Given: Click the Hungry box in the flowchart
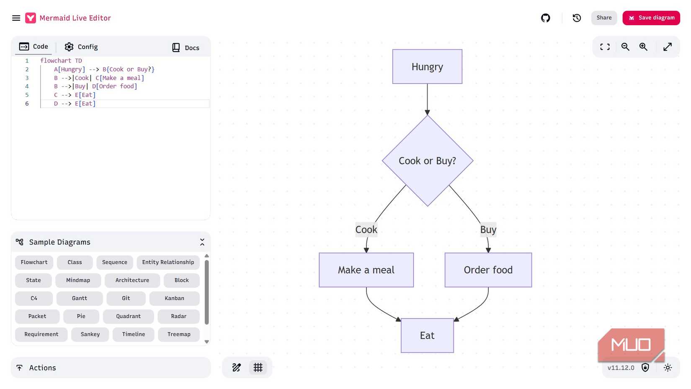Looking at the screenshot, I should tap(427, 67).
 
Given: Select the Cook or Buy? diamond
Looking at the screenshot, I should tap(427, 161).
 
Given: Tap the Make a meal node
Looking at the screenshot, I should tap(366, 270).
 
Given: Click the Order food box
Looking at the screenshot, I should tap(488, 270).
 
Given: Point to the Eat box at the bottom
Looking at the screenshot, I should tap(427, 335).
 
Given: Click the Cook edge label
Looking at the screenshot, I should tap(366, 230).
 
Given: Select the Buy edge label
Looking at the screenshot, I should tap(488, 230).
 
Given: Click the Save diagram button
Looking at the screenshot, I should tap(651, 18).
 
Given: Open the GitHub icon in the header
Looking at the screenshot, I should tap(545, 18).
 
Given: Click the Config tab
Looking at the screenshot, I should tap(81, 47).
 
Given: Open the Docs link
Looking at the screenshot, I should tap(186, 48).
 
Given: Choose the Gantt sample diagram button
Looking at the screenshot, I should tap(80, 298).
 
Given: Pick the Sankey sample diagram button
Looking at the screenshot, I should tap(90, 335).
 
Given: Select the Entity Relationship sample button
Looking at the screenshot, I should tap(168, 262).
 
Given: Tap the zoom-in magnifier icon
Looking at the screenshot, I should tap(643, 47).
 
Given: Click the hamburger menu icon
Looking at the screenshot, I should tap(16, 18).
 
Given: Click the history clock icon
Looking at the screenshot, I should tap(577, 18).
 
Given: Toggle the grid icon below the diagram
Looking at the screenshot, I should tap(258, 368).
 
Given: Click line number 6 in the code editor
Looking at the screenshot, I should tap(27, 104).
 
